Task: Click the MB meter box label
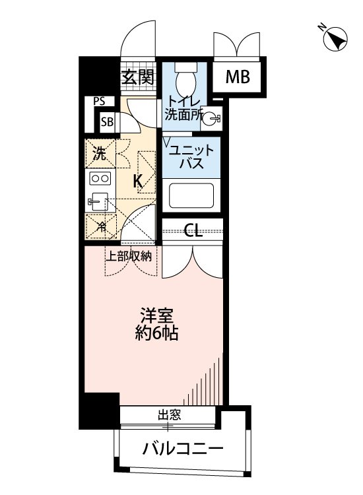(x=238, y=78)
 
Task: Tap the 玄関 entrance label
(x=138, y=77)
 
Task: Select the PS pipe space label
(x=99, y=102)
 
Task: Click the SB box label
(x=106, y=121)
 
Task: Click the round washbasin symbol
(x=211, y=119)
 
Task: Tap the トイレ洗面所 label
(x=184, y=108)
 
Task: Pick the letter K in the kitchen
(x=139, y=181)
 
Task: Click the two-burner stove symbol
(x=99, y=179)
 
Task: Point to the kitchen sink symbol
(x=98, y=202)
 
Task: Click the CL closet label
(x=193, y=230)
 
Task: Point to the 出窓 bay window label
(x=168, y=416)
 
